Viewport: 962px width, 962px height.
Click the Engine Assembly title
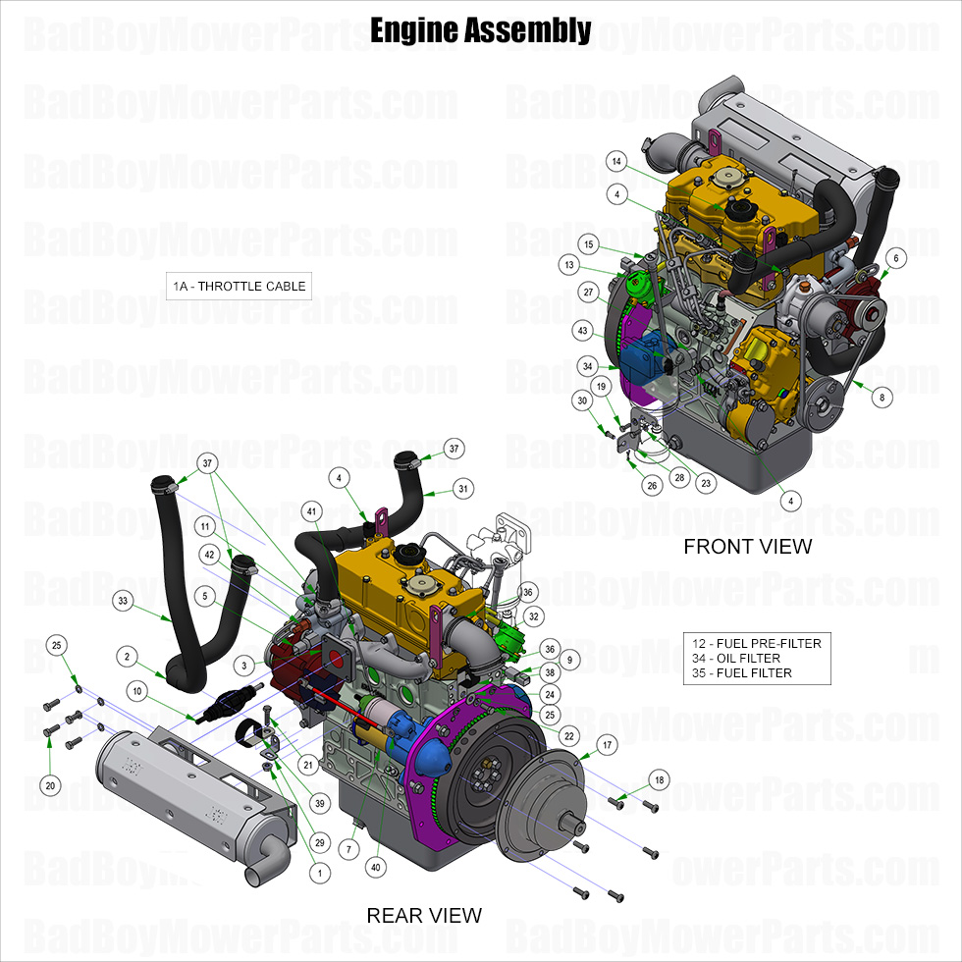[480, 31]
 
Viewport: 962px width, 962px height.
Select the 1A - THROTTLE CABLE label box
[240, 287]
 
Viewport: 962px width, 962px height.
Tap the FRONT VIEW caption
[748, 546]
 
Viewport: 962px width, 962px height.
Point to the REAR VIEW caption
[424, 915]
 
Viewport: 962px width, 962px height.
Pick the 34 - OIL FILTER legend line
[737, 658]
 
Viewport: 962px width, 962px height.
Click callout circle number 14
[615, 161]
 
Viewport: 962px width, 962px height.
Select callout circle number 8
[882, 399]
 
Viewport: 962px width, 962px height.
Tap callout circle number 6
[895, 258]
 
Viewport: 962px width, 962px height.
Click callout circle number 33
[124, 600]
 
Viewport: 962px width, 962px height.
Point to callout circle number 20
[49, 785]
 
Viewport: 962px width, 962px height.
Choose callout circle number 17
[608, 745]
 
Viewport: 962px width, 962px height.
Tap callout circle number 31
[463, 488]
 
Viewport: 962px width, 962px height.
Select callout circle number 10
[136, 692]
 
